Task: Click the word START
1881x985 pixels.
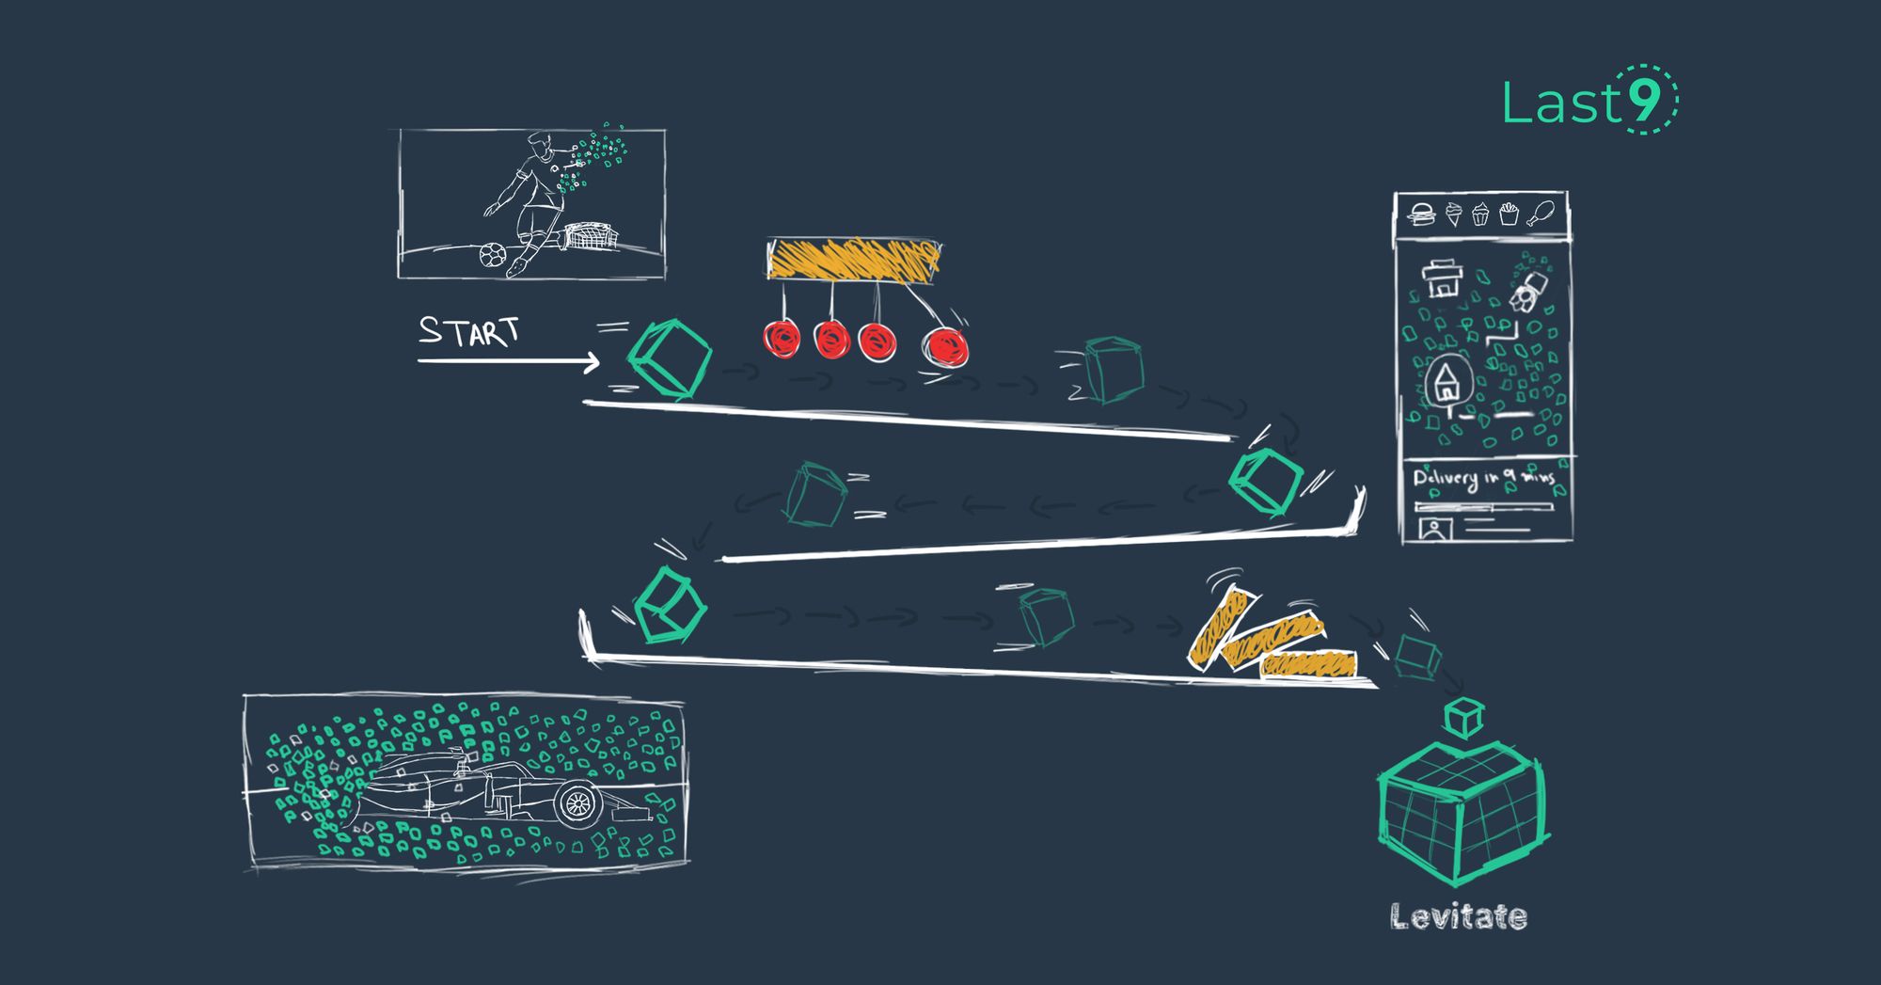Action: pyautogui.click(x=468, y=331)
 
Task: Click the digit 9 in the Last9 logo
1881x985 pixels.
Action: pyautogui.click(x=1645, y=101)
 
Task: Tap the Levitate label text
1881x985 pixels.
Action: pyautogui.click(x=1458, y=916)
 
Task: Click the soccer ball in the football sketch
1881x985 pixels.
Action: pyautogui.click(x=492, y=254)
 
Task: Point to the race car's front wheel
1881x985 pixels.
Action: pyautogui.click(x=577, y=803)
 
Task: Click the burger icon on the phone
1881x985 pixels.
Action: pyautogui.click(x=1421, y=214)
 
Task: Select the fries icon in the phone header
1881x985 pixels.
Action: pyautogui.click(x=1510, y=214)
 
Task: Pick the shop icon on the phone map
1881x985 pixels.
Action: pyautogui.click(x=1441, y=278)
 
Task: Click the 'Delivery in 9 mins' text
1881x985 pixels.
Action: pyautogui.click(x=1483, y=479)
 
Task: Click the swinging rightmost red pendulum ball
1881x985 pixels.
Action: pyautogui.click(x=945, y=346)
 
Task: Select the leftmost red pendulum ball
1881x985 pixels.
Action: pyautogui.click(x=782, y=339)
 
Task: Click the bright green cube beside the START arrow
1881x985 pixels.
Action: pyautogui.click(x=669, y=358)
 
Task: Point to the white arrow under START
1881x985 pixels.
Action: pyautogui.click(x=508, y=361)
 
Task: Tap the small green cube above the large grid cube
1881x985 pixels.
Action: pyautogui.click(x=1463, y=717)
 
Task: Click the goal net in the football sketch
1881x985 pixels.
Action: pyautogui.click(x=589, y=236)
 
